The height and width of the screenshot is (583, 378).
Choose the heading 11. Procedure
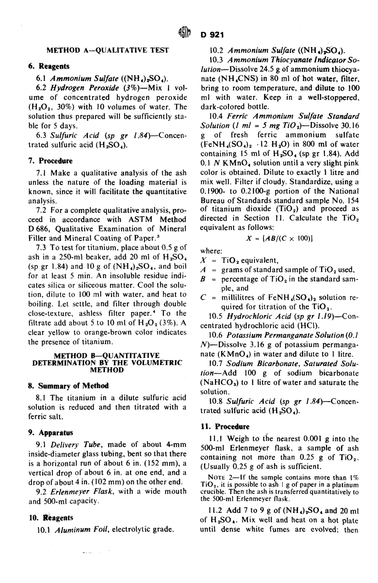click(226, 427)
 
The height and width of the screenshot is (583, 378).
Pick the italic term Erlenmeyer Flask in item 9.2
click(79, 491)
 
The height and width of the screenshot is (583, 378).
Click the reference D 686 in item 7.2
click(37, 229)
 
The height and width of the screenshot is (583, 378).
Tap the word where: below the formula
click(211, 251)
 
